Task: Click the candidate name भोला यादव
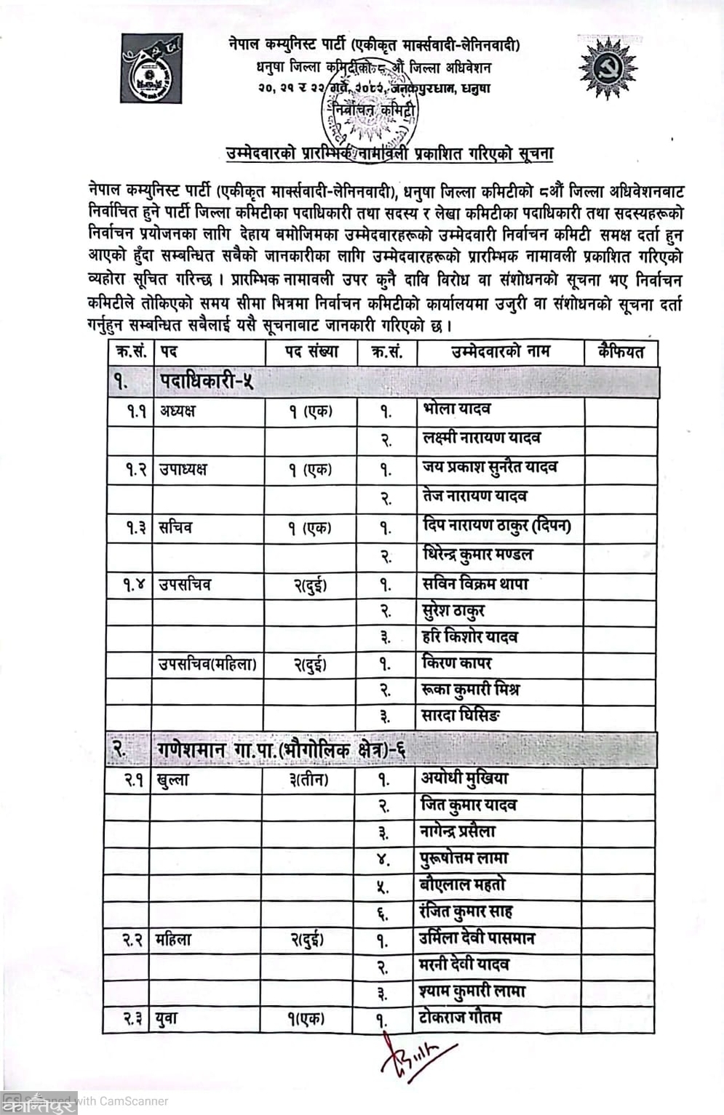pyautogui.click(x=456, y=409)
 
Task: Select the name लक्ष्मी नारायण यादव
pyautogui.click(x=481, y=438)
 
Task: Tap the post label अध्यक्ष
pyautogui.click(x=178, y=411)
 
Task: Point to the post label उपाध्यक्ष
pyautogui.click(x=183, y=469)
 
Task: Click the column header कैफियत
pyautogui.click(x=621, y=352)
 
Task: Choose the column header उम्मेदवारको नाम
pyautogui.click(x=501, y=352)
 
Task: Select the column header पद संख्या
pyautogui.click(x=311, y=352)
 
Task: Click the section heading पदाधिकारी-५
pyautogui.click(x=206, y=381)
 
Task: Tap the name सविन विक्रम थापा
pyautogui.click(x=475, y=583)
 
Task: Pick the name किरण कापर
pyautogui.click(x=456, y=663)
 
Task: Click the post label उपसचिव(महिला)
pyautogui.click(x=207, y=664)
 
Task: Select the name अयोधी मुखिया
pyautogui.click(x=464, y=778)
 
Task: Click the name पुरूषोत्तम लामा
pyautogui.click(x=464, y=858)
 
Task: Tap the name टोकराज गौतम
pyautogui.click(x=459, y=1018)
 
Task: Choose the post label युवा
pyautogui.click(x=166, y=1019)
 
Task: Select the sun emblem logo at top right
pyautogui.click(x=608, y=68)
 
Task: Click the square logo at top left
pyautogui.click(x=151, y=68)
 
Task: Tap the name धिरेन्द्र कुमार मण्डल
pyautogui.click(x=477, y=554)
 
